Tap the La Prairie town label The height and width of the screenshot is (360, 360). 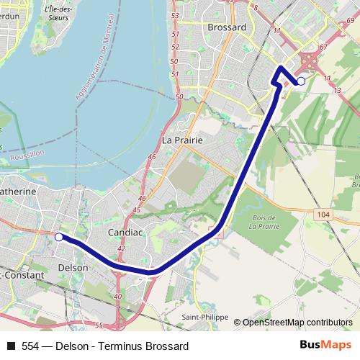182,140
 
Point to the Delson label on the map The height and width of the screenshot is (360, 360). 72,267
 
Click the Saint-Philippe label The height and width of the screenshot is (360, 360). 204,317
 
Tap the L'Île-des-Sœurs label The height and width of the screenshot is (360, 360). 60,12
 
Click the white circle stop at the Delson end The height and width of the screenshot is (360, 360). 59,236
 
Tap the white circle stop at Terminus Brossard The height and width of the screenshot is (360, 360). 301,81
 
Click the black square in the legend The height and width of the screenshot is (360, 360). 10,346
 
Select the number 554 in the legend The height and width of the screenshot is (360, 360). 31,346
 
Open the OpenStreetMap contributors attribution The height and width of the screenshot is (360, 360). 297,322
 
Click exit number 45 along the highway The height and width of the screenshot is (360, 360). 137,210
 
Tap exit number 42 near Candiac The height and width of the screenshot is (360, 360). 120,248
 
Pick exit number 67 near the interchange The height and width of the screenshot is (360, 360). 323,47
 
